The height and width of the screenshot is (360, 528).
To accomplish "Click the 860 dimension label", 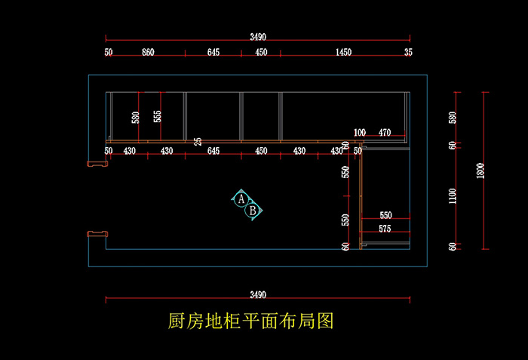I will pos(148,52).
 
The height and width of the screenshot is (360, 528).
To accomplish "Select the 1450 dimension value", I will pos(342,52).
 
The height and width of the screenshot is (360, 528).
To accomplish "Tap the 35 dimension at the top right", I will pos(408,52).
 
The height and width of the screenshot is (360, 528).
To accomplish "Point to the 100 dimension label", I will pos(359,133).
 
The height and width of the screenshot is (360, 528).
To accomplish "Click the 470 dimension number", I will pos(385,133).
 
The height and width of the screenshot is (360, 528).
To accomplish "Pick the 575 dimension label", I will pos(385,229).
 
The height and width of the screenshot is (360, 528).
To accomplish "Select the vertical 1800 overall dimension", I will pos(480,171).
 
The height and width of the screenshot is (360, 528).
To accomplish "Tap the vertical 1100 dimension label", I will pos(453,196).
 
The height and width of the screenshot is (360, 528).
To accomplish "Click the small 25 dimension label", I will pos(198,141).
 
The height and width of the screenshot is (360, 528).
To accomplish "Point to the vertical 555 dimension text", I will pos(157,117).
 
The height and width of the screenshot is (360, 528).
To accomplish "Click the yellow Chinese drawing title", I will pos(250,322).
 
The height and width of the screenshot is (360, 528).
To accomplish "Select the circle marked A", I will pos(241,199).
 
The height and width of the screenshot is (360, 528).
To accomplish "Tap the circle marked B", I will pos(253,210).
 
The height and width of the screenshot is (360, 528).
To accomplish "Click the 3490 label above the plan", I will pos(258,36).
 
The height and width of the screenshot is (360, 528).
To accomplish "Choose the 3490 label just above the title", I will pos(258,295).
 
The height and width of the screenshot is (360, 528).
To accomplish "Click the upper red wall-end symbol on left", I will pos(97,162).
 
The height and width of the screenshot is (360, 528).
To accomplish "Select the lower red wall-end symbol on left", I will pos(96,234).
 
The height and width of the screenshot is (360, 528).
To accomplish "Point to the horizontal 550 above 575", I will pos(385,216).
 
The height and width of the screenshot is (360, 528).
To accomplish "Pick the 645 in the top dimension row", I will pos(213,52).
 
